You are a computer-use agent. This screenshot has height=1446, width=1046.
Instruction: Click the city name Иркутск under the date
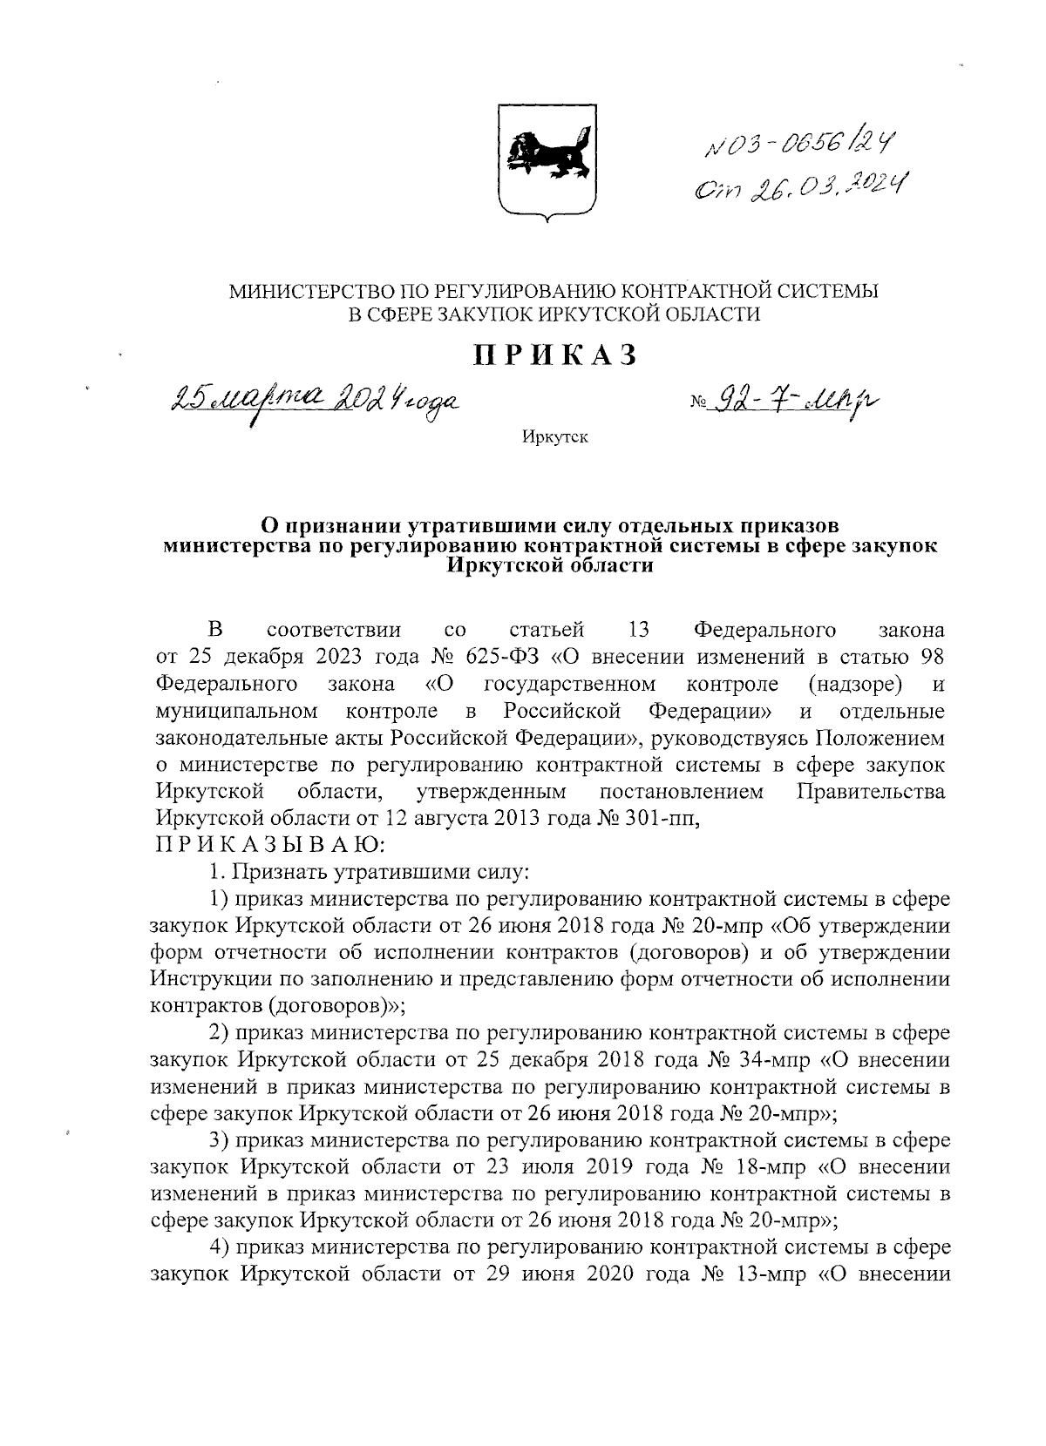coord(555,436)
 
